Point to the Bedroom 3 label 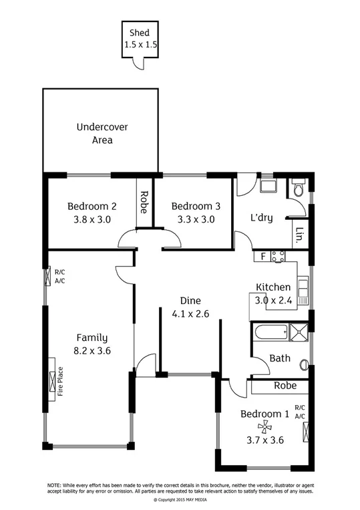point(192,206)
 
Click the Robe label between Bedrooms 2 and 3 point(144,201)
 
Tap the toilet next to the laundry point(298,190)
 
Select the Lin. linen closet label point(299,234)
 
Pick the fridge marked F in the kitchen point(263,255)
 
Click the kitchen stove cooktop point(278,255)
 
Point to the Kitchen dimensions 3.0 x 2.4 point(273,300)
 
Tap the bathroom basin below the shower point(305,364)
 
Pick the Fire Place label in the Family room point(60,381)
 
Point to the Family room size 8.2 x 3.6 point(92,350)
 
